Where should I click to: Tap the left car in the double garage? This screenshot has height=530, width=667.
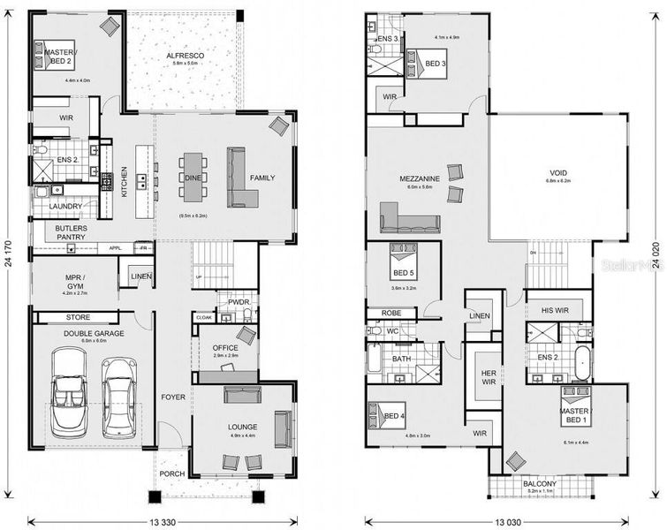pos(68,390)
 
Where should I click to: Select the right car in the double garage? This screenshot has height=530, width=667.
pos(119,396)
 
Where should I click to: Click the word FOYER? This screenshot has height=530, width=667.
pos(173,397)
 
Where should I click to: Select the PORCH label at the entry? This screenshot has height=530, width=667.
pos(172,473)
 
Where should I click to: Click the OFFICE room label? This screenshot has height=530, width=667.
pos(225,348)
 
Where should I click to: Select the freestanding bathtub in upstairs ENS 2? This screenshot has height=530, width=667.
pos(581,361)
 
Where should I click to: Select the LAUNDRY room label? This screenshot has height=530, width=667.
pos(65,207)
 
